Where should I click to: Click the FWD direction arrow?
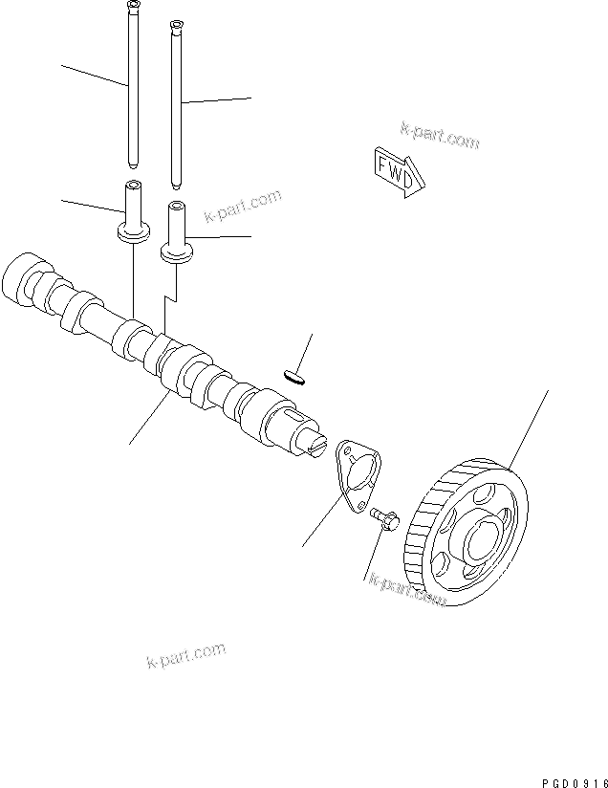point(394,172)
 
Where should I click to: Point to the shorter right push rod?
point(176,105)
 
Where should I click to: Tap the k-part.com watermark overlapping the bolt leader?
point(408,591)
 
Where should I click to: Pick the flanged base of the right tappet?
point(177,252)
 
